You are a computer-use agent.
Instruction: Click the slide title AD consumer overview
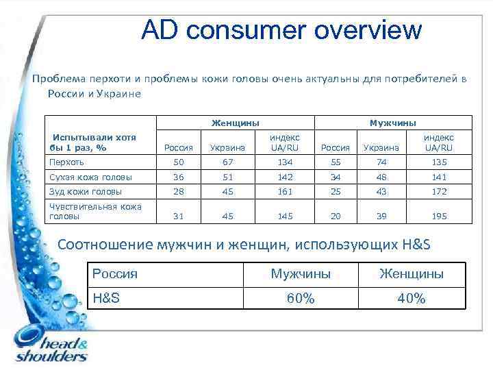(x=281, y=30)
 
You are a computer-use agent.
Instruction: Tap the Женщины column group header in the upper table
(x=235, y=123)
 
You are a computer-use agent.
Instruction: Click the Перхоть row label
(x=66, y=162)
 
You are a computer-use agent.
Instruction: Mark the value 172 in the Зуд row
(x=438, y=191)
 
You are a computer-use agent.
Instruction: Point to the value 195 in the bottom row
(x=438, y=216)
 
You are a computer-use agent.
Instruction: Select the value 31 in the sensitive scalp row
(x=179, y=216)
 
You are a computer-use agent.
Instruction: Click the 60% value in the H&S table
(x=301, y=298)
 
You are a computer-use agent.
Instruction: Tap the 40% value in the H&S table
(x=412, y=298)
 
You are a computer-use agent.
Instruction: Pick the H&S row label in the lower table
(x=106, y=298)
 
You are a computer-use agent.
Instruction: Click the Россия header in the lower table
(x=114, y=274)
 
